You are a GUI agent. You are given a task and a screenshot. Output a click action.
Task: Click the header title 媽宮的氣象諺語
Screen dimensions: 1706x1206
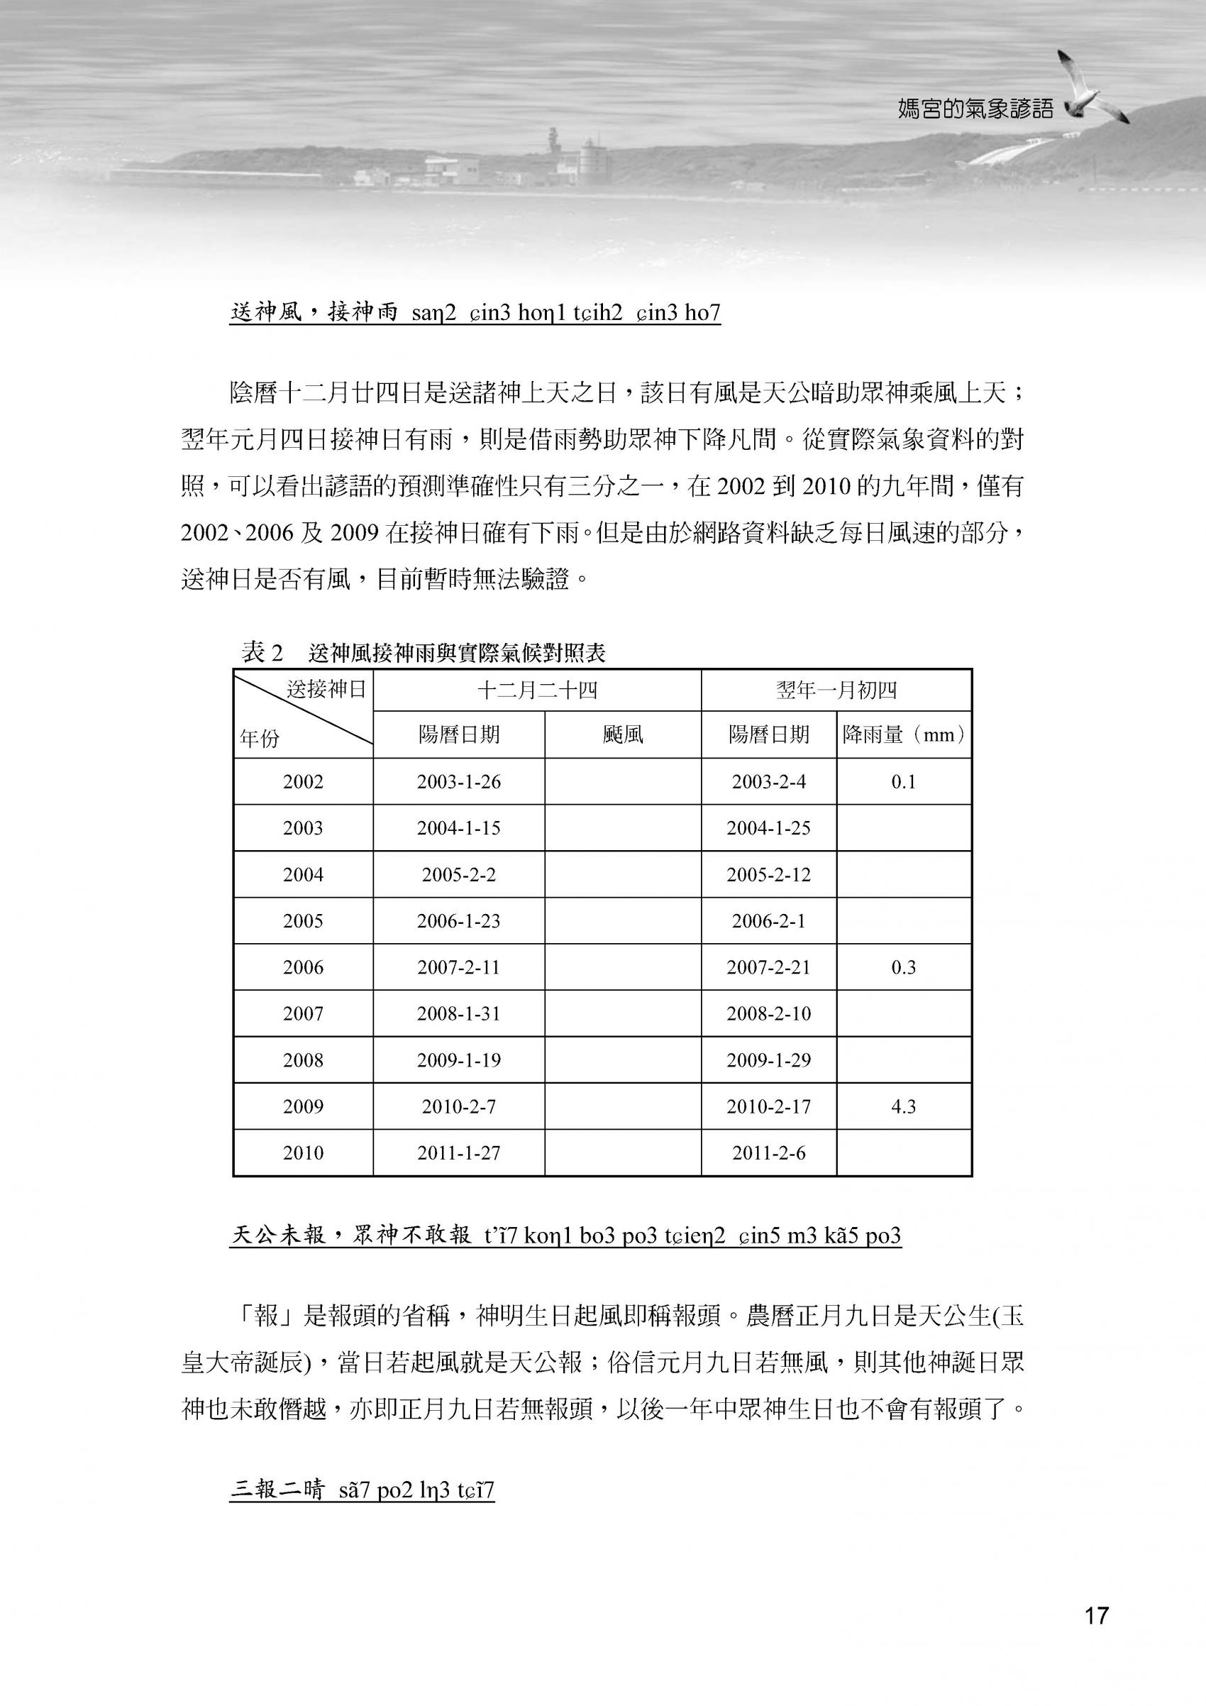point(975,110)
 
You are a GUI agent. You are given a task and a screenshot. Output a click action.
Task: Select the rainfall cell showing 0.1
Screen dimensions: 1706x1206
point(903,781)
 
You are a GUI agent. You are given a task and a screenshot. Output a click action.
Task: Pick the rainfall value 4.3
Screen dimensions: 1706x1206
point(903,1106)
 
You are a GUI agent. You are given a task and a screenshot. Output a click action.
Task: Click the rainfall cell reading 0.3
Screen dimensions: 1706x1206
point(903,967)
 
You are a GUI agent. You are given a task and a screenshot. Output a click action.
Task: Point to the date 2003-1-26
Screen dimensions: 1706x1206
point(458,781)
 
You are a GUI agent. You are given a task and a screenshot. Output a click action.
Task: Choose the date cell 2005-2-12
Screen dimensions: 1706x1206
point(768,874)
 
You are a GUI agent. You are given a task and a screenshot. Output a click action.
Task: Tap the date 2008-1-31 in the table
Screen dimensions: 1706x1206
point(458,1013)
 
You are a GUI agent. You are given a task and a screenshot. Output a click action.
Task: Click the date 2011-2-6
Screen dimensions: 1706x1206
point(768,1153)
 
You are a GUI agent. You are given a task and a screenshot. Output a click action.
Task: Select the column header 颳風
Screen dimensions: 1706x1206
point(622,735)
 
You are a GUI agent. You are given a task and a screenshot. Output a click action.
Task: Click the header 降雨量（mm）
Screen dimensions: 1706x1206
point(904,735)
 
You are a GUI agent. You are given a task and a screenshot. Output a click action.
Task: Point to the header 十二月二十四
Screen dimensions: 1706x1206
point(536,690)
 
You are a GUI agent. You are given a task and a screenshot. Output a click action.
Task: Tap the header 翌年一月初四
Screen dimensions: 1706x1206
point(836,690)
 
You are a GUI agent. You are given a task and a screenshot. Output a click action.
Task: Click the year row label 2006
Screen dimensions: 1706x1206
point(303,967)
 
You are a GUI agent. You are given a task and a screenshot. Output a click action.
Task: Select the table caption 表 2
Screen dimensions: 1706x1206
point(262,653)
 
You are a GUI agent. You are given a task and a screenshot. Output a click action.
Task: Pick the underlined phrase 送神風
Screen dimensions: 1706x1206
point(266,313)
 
